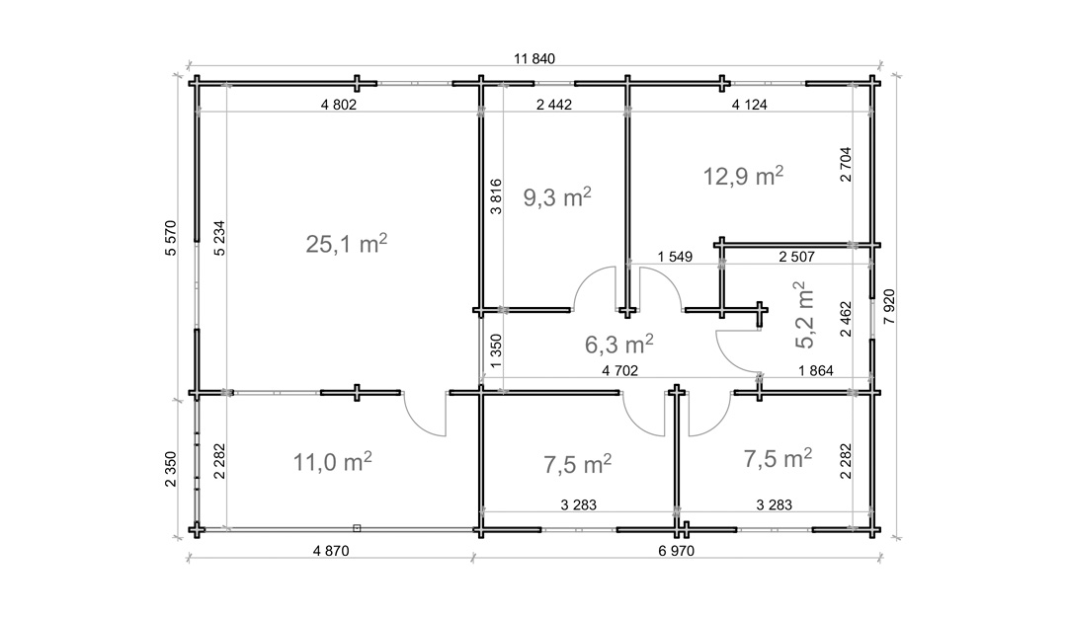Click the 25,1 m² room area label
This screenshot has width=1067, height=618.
(x=347, y=244)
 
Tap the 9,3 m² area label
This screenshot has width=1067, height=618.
(x=556, y=197)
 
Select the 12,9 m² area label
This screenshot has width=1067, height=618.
(x=743, y=176)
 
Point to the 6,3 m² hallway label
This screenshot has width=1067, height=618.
(x=619, y=344)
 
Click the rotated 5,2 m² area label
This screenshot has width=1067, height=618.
(x=804, y=315)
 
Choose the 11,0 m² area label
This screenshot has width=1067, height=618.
(x=333, y=462)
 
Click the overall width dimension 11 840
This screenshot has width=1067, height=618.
(x=534, y=59)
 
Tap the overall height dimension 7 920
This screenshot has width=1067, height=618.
(x=889, y=306)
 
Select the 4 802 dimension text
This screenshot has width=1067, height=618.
(x=338, y=105)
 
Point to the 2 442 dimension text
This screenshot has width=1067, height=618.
(x=554, y=105)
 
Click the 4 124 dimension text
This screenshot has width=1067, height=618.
(x=749, y=105)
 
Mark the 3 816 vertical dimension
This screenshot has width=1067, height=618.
(x=496, y=196)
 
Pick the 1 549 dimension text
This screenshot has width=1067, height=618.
(x=675, y=257)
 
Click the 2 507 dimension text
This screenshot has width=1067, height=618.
(x=797, y=257)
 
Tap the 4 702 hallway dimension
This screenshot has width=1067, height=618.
(x=619, y=371)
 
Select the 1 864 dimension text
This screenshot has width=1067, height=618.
(x=816, y=371)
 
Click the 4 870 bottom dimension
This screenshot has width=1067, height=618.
(x=331, y=551)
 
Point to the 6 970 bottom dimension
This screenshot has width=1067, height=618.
(x=677, y=551)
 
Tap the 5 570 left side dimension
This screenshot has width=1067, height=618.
(x=171, y=238)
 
